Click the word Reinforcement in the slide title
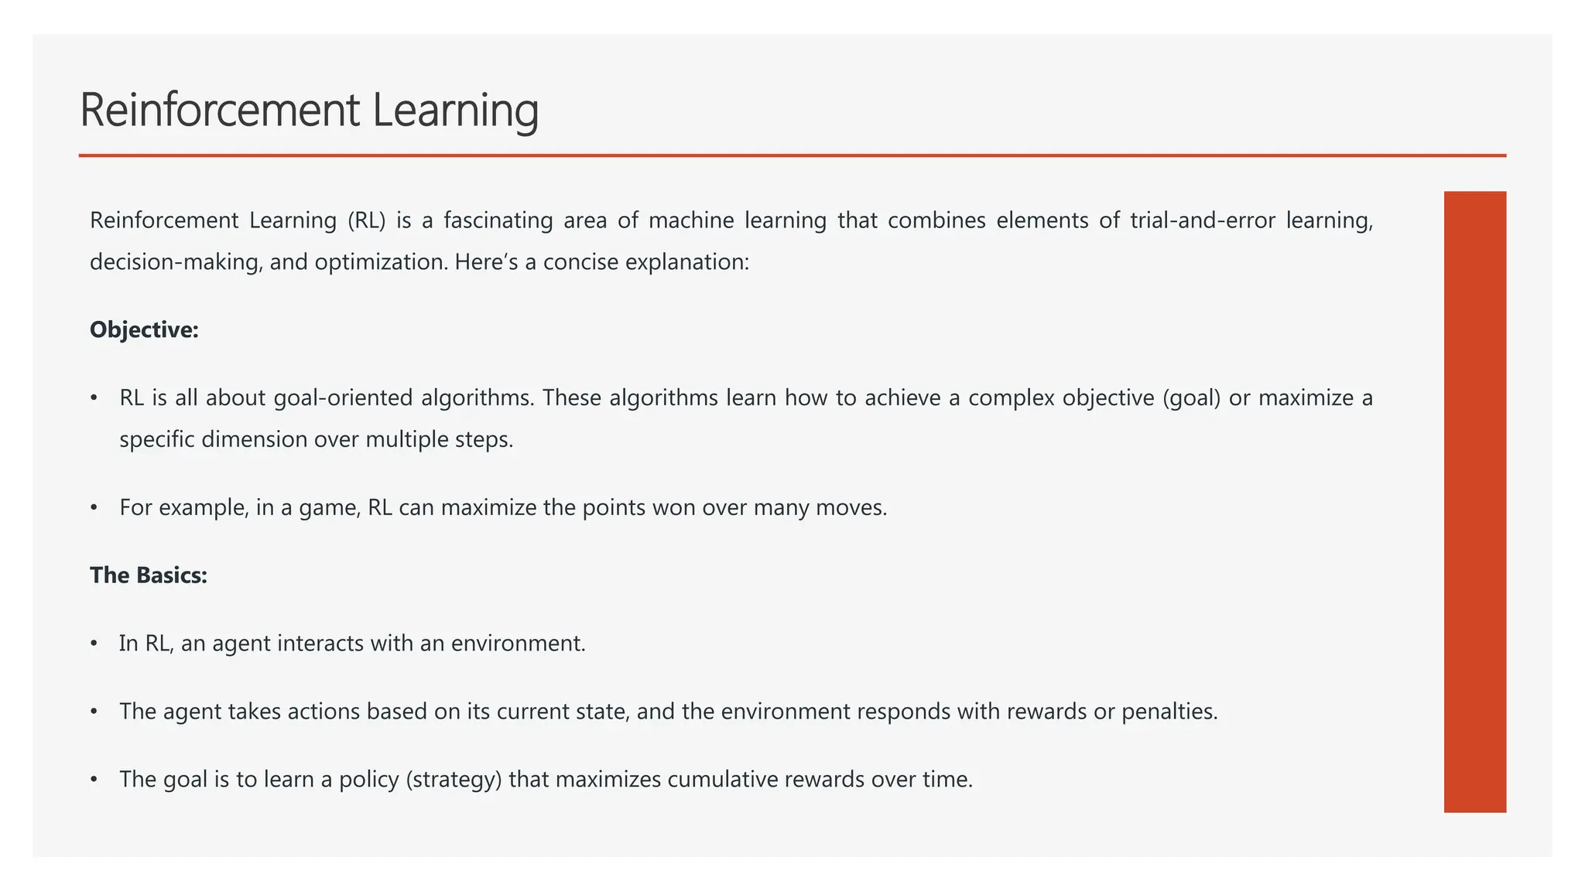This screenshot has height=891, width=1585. (x=220, y=110)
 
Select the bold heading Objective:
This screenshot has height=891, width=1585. (x=144, y=330)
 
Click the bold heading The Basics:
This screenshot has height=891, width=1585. (x=149, y=575)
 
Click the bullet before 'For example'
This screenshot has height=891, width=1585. (x=94, y=508)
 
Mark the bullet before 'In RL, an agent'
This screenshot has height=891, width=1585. (x=94, y=643)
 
